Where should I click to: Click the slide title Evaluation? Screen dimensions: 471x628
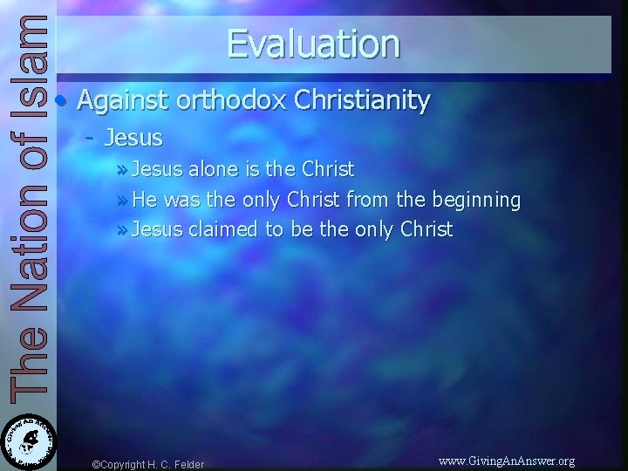313,44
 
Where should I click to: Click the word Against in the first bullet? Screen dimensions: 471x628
122,100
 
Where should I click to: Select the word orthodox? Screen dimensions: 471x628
231,100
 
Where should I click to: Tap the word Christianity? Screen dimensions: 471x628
362,100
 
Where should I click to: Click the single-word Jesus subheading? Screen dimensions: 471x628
133,137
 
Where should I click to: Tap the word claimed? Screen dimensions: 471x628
224,229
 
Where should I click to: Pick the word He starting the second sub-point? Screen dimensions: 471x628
145,201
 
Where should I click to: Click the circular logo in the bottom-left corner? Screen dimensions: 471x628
28,440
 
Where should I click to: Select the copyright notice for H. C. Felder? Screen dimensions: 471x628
148,464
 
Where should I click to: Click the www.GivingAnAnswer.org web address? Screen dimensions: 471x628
506,461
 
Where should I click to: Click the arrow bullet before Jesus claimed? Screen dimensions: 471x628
120,230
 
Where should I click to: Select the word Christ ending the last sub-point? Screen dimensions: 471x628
427,229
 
